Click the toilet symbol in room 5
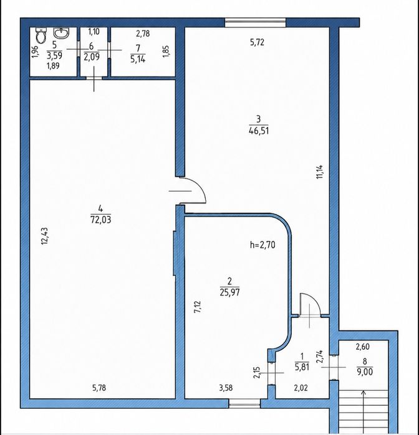tap(41, 35)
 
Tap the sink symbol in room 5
tap(61, 33)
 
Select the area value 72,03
tap(100, 220)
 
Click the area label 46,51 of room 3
tap(259, 131)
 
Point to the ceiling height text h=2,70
tap(262, 245)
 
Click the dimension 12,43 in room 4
tap(44, 236)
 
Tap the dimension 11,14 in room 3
tap(320, 172)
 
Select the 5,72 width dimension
tap(257, 42)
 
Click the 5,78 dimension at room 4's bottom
tap(99, 388)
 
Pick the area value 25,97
tap(229, 292)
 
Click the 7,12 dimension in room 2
tap(198, 307)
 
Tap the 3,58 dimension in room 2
tap(226, 388)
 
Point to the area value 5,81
tap(302, 367)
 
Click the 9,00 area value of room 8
tap(365, 372)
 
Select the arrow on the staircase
tap(364, 412)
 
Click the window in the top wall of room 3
tap(256, 22)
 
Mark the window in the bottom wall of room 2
tap(244, 404)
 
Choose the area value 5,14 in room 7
tap(138, 59)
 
